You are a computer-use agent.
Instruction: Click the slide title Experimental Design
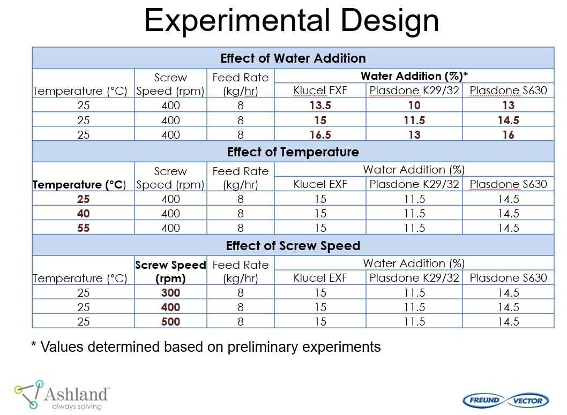(292, 20)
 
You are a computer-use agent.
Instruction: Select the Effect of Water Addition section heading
(293, 58)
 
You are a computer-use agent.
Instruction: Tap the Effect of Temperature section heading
(293, 152)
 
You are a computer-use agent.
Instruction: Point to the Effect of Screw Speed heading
(293, 246)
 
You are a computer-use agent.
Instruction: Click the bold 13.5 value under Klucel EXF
(320, 105)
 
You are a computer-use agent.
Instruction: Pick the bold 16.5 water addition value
(320, 135)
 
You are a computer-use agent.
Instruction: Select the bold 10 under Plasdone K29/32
(414, 105)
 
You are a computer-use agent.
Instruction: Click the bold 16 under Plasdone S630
(509, 135)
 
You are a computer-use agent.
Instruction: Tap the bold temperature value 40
(83, 214)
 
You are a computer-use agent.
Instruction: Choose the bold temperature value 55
(83, 228)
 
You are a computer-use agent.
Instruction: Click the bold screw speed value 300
(170, 292)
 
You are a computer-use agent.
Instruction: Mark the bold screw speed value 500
(170, 321)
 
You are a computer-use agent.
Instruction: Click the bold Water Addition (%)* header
(414, 76)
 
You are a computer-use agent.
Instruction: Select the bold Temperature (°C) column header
(79, 185)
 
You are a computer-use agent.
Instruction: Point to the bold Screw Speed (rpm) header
(170, 271)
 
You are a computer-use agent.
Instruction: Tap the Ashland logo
(62, 395)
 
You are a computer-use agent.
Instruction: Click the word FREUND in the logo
(484, 400)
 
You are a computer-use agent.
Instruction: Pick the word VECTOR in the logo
(528, 401)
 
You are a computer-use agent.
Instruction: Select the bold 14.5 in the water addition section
(509, 120)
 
